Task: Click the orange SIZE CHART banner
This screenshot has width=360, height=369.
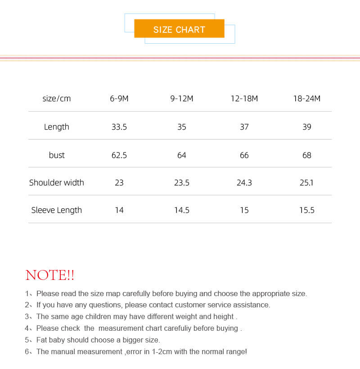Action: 179,29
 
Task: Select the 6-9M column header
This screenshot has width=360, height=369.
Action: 119,99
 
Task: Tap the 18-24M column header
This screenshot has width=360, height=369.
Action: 307,99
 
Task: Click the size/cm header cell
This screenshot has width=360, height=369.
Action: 57,99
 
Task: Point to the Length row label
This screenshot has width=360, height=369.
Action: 57,127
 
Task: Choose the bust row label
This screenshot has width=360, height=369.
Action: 57,155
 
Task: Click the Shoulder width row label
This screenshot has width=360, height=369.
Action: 57,183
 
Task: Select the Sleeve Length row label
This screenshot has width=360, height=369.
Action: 57,210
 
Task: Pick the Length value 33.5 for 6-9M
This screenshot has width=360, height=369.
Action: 119,127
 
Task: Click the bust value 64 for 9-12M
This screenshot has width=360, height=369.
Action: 182,155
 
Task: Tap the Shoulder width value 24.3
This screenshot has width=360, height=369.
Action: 244,183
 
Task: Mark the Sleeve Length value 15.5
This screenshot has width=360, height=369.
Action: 307,210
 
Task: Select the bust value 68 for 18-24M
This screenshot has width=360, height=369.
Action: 307,155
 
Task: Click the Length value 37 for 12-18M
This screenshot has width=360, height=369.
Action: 244,127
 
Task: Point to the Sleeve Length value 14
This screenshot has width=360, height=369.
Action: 119,210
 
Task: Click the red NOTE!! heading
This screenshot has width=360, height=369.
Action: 50,275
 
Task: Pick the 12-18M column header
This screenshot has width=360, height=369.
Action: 244,99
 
